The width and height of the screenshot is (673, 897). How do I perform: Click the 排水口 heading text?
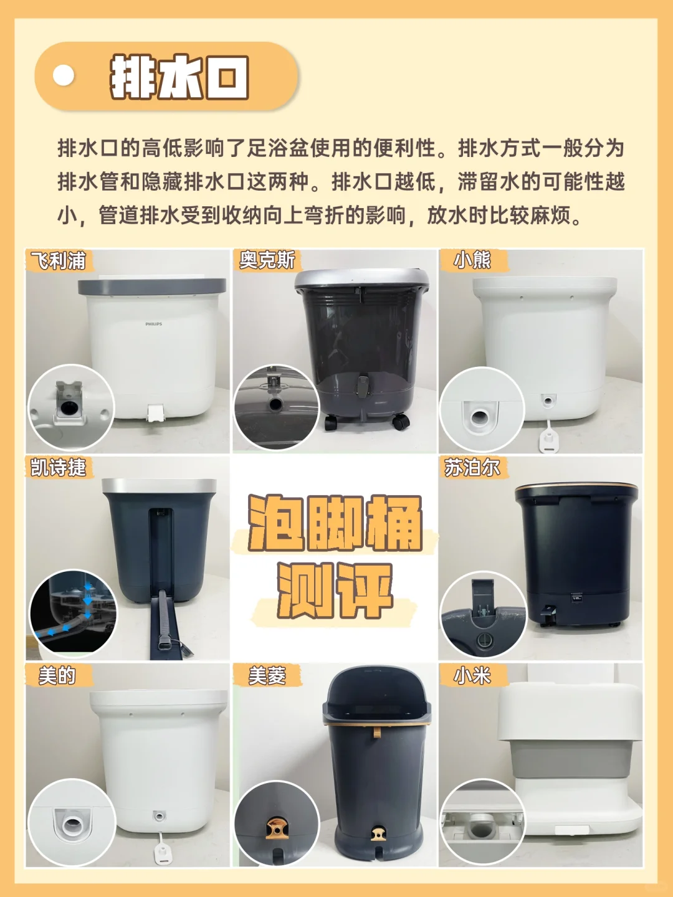179,77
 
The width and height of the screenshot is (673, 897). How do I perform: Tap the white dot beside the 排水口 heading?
64,75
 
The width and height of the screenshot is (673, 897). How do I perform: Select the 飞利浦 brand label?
59,260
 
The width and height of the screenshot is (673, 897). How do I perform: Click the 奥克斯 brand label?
267,260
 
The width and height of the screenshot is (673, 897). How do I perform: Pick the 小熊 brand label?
472,260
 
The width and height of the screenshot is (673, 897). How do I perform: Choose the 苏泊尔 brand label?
472,467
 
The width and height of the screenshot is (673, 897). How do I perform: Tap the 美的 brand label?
57,675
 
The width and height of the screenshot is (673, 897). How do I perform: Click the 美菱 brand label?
267,675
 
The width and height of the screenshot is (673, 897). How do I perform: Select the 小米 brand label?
472,675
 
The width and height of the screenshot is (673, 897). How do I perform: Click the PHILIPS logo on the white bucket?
154,324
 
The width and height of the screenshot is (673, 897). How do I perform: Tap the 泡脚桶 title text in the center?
335,523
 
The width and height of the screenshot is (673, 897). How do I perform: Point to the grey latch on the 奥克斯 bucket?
362,386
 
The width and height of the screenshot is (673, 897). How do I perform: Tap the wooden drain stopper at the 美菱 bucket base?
378,832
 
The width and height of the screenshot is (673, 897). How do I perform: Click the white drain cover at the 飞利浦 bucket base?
156,413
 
